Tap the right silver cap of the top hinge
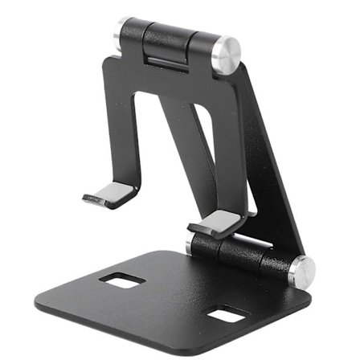227,55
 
